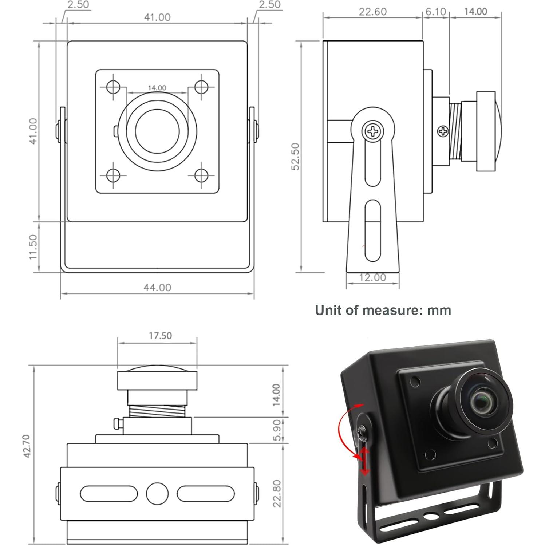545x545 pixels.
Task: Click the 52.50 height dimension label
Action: coord(296,156)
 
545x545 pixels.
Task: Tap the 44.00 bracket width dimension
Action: coord(157,288)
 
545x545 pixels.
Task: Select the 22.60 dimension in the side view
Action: coord(372,12)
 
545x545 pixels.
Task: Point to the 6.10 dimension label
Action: coord(436,12)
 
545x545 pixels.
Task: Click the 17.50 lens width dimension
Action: coord(160,335)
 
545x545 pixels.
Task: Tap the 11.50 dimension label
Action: coord(33,247)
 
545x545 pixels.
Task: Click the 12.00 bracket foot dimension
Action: coord(372,277)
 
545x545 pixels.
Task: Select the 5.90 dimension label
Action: coord(277,430)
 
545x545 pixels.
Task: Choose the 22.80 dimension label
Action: coord(277,493)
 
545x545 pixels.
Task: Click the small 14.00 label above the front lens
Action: coord(157,88)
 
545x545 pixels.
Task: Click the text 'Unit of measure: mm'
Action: coord(383,310)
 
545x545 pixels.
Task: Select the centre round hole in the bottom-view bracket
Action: coord(157,494)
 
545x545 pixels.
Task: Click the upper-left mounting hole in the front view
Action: coord(113,87)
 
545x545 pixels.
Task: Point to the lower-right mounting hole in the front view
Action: coord(201,175)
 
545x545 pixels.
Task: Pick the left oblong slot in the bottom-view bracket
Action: coord(109,494)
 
